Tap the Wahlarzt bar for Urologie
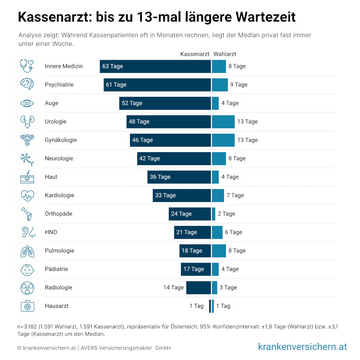222,121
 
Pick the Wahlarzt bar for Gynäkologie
222,139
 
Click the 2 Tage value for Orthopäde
226,213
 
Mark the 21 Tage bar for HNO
191,231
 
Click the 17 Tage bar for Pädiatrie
194,268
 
